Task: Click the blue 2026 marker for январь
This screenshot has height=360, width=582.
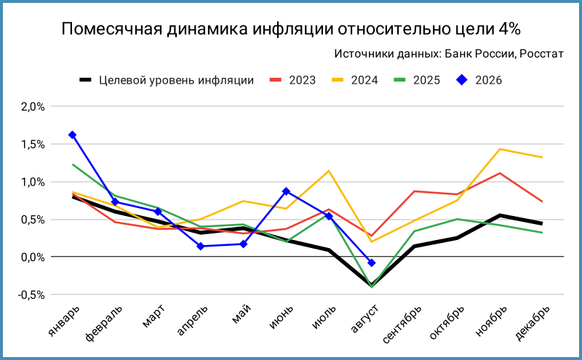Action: coord(72,135)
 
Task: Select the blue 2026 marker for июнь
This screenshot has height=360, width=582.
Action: coord(286,191)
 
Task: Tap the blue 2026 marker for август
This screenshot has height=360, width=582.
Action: coord(372,263)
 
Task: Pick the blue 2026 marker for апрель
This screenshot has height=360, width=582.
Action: coord(201,246)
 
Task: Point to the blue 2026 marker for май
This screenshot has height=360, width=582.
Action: coord(243,244)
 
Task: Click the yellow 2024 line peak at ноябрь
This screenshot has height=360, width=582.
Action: coord(500,149)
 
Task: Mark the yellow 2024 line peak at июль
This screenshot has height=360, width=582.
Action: coord(329,171)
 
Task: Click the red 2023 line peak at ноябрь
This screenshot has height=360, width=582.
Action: coord(500,173)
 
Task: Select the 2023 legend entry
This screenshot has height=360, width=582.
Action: coord(293,80)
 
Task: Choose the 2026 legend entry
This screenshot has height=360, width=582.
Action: coord(479,80)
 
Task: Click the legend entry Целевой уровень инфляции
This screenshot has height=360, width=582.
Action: coord(167,80)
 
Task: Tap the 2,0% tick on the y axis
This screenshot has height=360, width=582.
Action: coord(33,107)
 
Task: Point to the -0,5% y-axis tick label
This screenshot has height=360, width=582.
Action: coord(31,295)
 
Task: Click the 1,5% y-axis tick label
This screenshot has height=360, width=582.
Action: coord(33,145)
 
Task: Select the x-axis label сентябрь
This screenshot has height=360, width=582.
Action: coord(402,324)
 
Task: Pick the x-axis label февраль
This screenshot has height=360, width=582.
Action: coord(103,323)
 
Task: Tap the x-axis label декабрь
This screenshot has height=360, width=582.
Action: coord(533,322)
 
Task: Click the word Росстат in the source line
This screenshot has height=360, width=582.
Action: coord(541,54)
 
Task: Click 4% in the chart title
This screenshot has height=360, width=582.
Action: coord(509,28)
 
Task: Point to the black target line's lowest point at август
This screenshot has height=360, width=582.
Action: coord(372,285)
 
